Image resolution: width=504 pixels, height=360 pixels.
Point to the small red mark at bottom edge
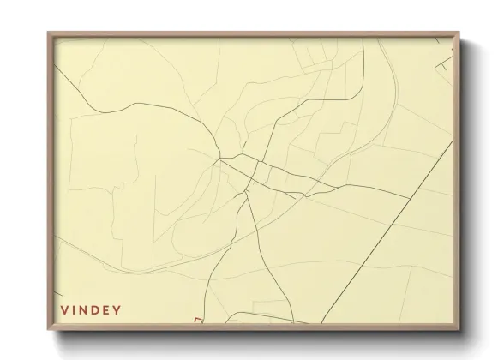pyautogui.click(x=198, y=320)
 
